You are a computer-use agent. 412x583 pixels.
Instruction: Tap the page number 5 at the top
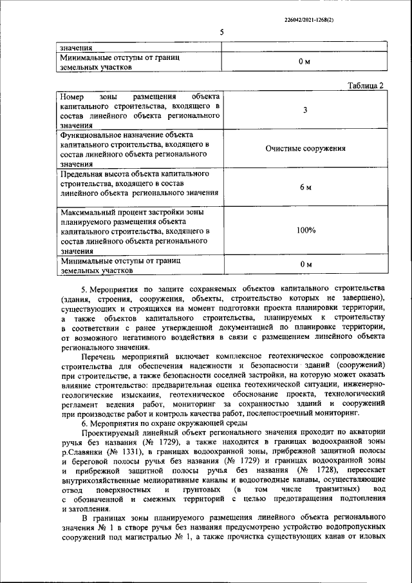pyautogui.click(x=221, y=32)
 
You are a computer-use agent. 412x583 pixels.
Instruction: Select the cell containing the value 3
pyautogui.click(x=304, y=110)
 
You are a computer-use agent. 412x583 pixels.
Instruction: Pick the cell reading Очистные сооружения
pyautogui.click(x=305, y=148)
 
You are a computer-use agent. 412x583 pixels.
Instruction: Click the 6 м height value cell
pyautogui.click(x=305, y=187)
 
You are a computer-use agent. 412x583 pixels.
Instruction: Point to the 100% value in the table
pyautogui.click(x=306, y=230)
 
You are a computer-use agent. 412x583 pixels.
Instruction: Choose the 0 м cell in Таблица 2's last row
pyautogui.click(x=305, y=265)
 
